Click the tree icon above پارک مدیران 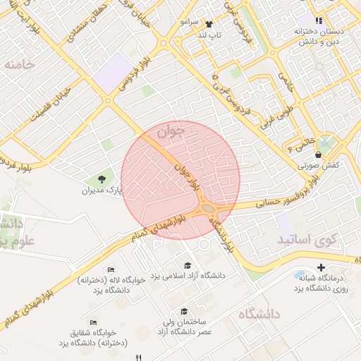[x=101, y=179]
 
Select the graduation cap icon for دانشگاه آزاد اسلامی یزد [x=188, y=266]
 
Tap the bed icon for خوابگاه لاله [x=111, y=270]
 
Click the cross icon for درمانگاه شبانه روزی [x=322, y=267]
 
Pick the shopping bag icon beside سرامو [x=208, y=23]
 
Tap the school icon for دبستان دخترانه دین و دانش [x=319, y=21]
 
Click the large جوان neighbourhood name [x=171, y=130]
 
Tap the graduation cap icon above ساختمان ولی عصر [x=184, y=311]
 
